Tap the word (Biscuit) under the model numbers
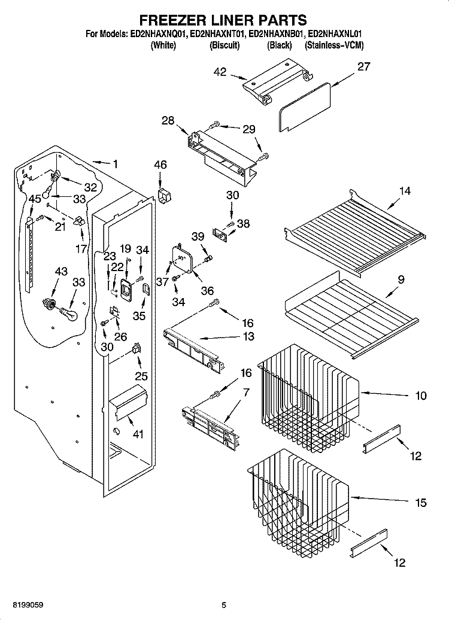click(x=224, y=45)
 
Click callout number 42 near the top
click(x=220, y=72)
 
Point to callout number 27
click(x=363, y=66)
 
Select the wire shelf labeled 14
click(x=355, y=232)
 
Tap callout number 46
click(x=160, y=165)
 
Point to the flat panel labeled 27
click(x=304, y=107)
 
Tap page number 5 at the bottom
click(x=224, y=605)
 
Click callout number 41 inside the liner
click(x=138, y=434)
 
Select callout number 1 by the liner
click(x=115, y=163)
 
